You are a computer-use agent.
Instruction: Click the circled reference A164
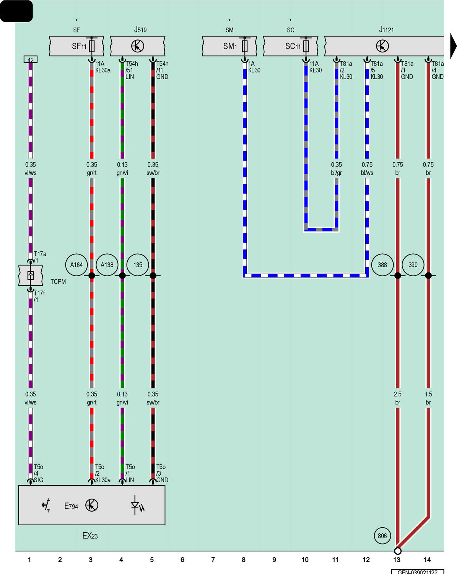[76, 265]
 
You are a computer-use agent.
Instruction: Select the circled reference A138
[107, 265]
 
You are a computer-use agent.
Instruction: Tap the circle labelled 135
[138, 265]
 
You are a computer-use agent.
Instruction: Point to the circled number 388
[382, 265]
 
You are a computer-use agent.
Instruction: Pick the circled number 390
[413, 265]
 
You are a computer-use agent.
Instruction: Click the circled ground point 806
[382, 536]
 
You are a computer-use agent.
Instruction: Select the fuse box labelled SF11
[76, 46]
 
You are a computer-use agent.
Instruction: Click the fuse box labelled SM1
[229, 46]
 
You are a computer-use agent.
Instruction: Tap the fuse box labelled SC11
[290, 46]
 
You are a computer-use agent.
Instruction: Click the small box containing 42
[31, 59]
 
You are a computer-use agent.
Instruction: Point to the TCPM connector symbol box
[31, 276]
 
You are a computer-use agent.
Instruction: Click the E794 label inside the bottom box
[71, 506]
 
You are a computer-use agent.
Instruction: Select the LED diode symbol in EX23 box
[137, 505]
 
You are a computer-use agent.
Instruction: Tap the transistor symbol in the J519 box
[138, 46]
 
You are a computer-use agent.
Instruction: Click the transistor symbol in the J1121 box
[382, 46]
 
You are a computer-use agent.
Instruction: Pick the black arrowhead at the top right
[453, 46]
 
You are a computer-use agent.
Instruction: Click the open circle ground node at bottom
[397, 551]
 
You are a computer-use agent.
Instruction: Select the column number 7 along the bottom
[213, 560]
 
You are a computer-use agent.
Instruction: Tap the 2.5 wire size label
[397, 394]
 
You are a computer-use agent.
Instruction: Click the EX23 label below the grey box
[90, 536]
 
